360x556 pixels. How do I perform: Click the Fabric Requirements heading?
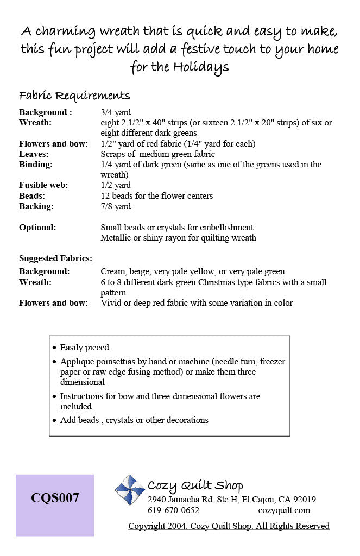74,96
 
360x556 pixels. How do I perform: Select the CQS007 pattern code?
55,497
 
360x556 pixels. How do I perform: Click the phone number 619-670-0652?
173,510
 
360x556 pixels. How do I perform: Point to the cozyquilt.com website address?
284,510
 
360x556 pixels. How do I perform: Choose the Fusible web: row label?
43,185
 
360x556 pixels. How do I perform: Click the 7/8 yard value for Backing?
116,206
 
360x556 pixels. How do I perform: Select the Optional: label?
37,228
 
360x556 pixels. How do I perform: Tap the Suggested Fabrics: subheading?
55,258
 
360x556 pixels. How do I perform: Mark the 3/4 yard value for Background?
116,112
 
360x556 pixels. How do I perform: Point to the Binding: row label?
36,165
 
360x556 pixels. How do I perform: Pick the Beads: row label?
32,195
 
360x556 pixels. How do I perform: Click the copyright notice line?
229,526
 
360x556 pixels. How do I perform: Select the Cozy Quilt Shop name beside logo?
195,485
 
